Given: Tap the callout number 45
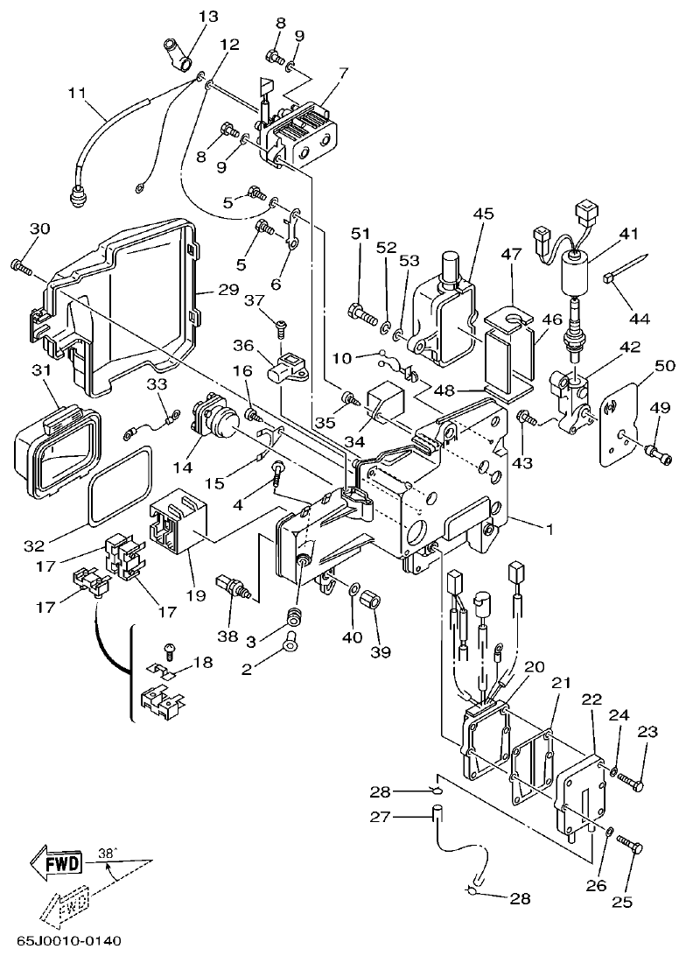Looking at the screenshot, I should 484,214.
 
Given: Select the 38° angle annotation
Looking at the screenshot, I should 107,851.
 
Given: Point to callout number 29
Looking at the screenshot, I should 228,289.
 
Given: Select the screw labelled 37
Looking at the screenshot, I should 280,326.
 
